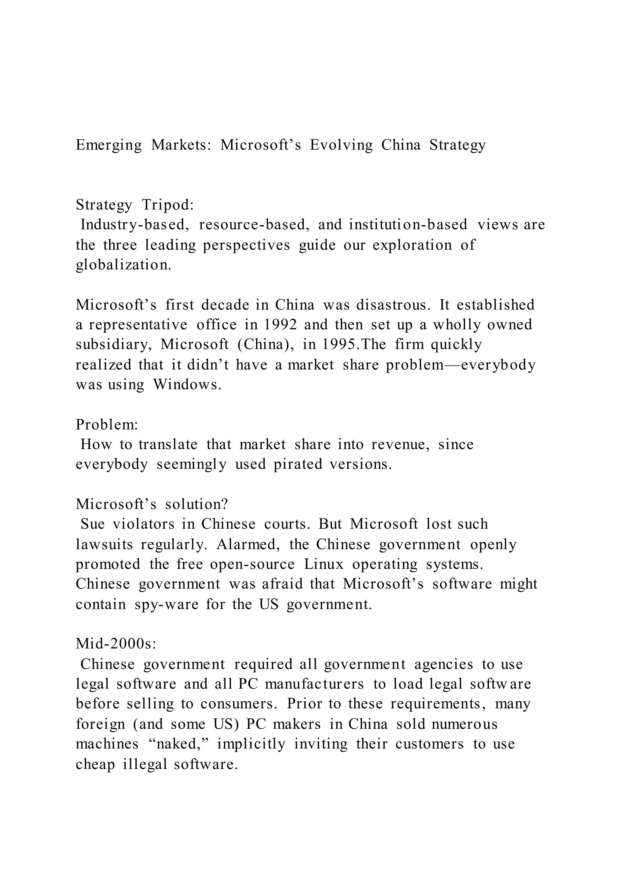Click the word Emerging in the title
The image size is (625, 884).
pos(109,146)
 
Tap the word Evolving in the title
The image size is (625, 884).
pos(341,146)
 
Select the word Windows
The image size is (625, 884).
pos(187,385)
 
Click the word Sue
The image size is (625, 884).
pos(92,524)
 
